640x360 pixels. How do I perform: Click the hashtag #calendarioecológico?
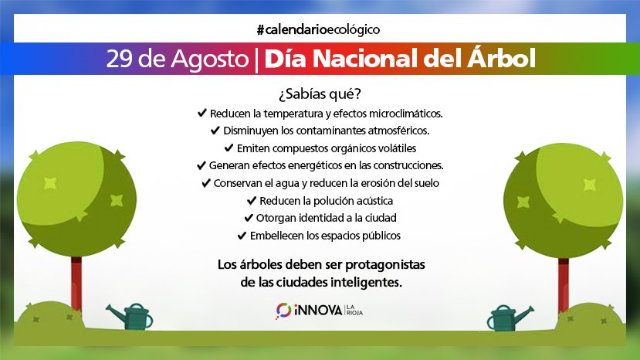click(x=318, y=30)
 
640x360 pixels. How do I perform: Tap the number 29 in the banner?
click(x=119, y=59)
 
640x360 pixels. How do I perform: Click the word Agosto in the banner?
click(x=210, y=59)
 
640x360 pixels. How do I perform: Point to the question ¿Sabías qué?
click(x=320, y=94)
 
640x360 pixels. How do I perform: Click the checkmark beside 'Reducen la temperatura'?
click(x=202, y=113)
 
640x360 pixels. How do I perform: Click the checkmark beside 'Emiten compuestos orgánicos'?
click(x=229, y=148)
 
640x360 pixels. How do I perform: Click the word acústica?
click(x=374, y=201)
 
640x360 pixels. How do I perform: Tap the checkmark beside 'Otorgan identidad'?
click(x=249, y=218)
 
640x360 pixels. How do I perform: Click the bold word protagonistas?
click(x=385, y=265)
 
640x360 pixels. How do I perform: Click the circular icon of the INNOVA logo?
click(x=283, y=311)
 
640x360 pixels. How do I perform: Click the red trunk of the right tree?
click(x=564, y=284)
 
